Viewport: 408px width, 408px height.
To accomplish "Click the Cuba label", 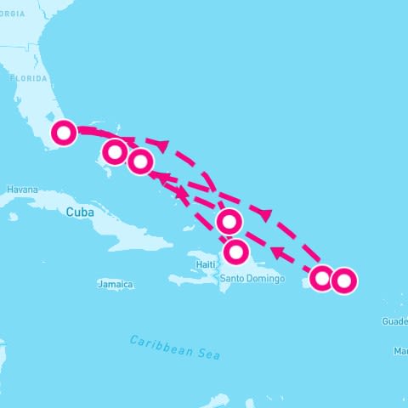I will tap(80, 212).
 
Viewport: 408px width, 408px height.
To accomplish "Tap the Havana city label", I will tap(22, 190).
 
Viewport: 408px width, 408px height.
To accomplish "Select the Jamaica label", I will tap(116, 285).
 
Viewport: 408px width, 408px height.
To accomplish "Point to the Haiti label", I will tap(206, 264).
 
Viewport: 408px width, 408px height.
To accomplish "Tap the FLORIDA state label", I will tap(28, 77).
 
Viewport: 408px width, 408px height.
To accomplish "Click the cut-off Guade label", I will tap(394, 321).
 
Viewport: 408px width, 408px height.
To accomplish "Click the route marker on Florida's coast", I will tap(64, 133).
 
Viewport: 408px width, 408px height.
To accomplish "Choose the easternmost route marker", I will tap(343, 280).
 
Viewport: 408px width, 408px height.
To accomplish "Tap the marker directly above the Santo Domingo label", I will tap(235, 252).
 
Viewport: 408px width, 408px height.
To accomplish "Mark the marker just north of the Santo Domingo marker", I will tap(229, 223).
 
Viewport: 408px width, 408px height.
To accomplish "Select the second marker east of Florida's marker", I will tap(140, 161).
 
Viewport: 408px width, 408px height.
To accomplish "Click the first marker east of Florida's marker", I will tap(114, 153).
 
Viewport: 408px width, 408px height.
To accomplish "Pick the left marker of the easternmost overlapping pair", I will tap(321, 278).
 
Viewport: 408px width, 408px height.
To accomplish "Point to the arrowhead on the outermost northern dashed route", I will tap(265, 215).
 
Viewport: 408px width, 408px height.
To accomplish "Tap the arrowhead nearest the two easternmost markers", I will tap(277, 252).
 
